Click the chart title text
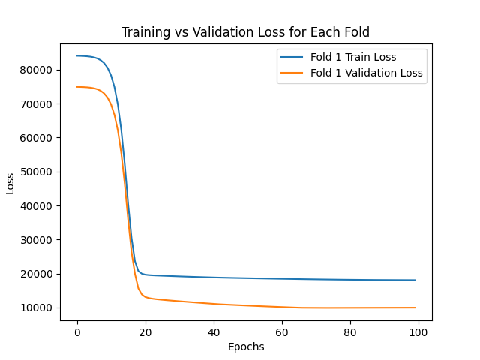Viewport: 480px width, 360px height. pos(245,32)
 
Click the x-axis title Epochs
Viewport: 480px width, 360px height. pos(245,346)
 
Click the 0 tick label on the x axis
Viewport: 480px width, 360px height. pos(77,331)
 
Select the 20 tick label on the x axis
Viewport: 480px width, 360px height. pos(145,331)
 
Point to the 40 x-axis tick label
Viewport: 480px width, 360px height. pos(214,331)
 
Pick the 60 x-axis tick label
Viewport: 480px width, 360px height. pos(282,331)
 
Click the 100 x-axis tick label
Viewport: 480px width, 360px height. pos(418,331)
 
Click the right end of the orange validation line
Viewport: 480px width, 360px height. pos(415,307)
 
